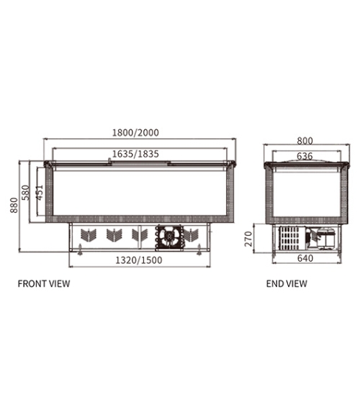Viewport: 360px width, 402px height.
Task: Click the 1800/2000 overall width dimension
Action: click(135, 132)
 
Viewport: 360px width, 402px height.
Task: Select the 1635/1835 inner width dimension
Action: click(135, 154)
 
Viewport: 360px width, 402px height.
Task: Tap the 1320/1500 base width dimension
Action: click(139, 260)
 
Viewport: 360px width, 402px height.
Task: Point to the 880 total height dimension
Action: click(14, 205)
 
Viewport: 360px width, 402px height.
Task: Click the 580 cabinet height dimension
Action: click(26, 192)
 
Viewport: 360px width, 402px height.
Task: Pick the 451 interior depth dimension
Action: click(39, 193)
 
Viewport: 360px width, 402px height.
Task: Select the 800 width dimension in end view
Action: click(305, 141)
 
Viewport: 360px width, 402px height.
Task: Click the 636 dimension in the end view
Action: click(305, 156)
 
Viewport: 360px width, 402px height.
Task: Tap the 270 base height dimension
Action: click(248, 239)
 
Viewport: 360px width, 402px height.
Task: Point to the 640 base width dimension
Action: click(305, 258)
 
